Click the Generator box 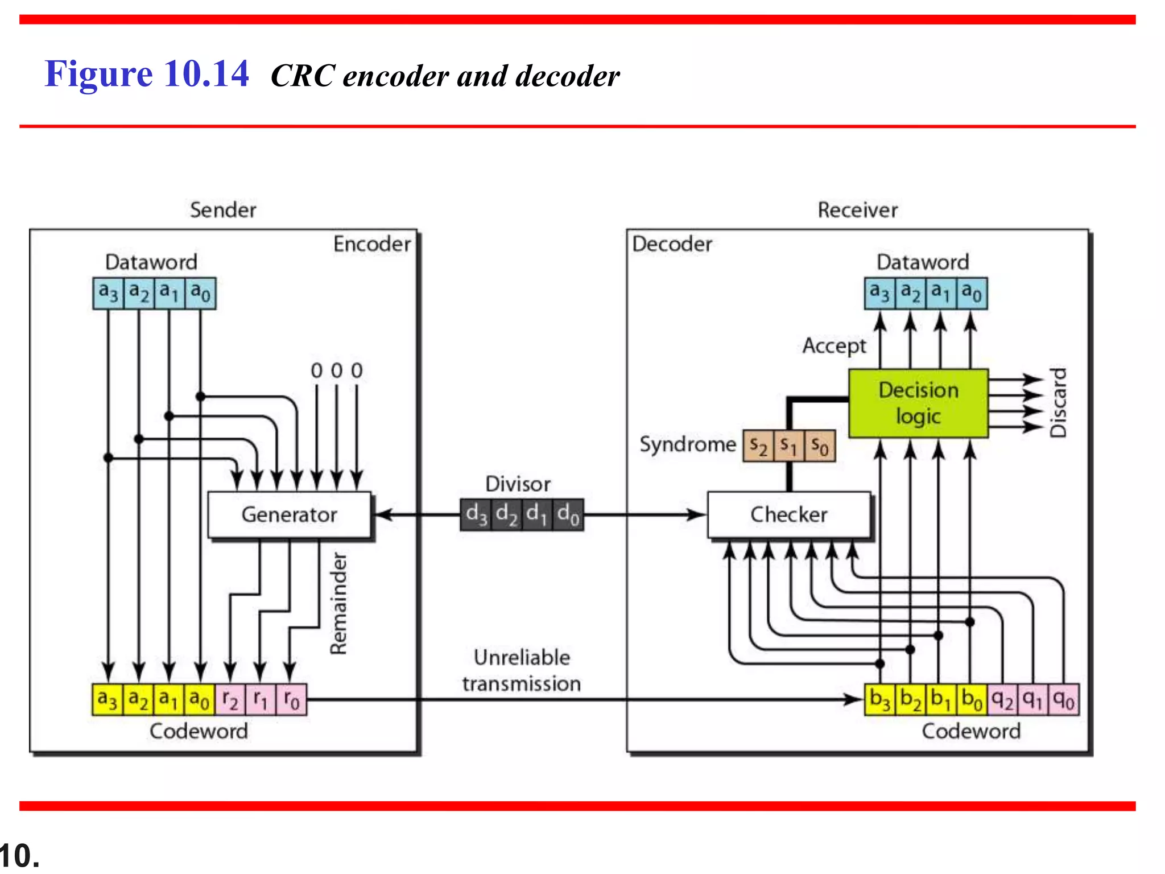(289, 514)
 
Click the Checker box (788, 514)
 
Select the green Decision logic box (918, 403)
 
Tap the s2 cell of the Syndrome (758, 446)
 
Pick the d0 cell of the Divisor (568, 514)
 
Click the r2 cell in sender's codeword (230, 699)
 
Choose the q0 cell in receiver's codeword (1063, 699)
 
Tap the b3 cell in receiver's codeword (879, 699)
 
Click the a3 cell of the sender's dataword (108, 293)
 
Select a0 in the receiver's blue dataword (972, 293)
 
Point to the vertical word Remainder (338, 603)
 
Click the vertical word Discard (1058, 403)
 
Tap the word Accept (834, 345)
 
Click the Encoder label (371, 244)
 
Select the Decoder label (672, 244)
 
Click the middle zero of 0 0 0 (337, 371)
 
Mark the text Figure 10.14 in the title (147, 74)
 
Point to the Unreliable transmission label (521, 670)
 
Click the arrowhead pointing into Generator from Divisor (382, 514)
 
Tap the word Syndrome (687, 444)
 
